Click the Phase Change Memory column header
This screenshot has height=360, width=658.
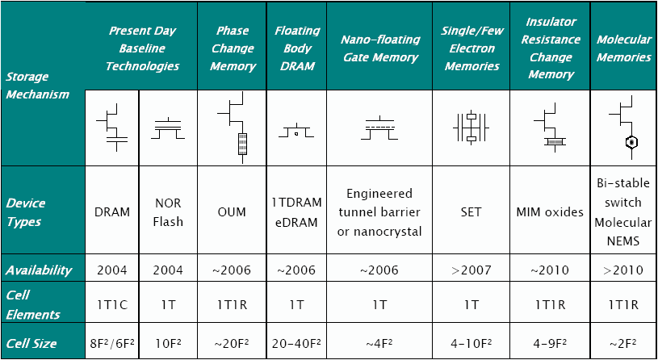233,48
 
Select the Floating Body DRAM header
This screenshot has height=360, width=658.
297,48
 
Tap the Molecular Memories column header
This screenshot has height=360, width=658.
624,48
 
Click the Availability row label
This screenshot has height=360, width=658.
39,270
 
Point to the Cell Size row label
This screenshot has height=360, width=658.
31,344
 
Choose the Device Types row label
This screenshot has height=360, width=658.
26,212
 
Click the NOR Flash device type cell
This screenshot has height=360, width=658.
168,212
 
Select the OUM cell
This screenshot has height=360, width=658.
231,212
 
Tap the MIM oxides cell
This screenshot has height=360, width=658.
550,212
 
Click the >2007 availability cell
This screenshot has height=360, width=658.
471,270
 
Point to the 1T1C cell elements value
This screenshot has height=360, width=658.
111,305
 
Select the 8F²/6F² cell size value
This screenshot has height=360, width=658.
111,344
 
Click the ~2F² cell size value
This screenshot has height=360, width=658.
623,344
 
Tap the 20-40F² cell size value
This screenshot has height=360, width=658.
296,344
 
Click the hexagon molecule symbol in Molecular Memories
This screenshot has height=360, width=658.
631,142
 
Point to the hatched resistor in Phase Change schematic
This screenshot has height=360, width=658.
242,144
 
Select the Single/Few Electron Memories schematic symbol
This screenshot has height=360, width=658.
471,128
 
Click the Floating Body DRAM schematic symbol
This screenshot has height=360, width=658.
296,132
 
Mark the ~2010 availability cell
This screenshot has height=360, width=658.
549,270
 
